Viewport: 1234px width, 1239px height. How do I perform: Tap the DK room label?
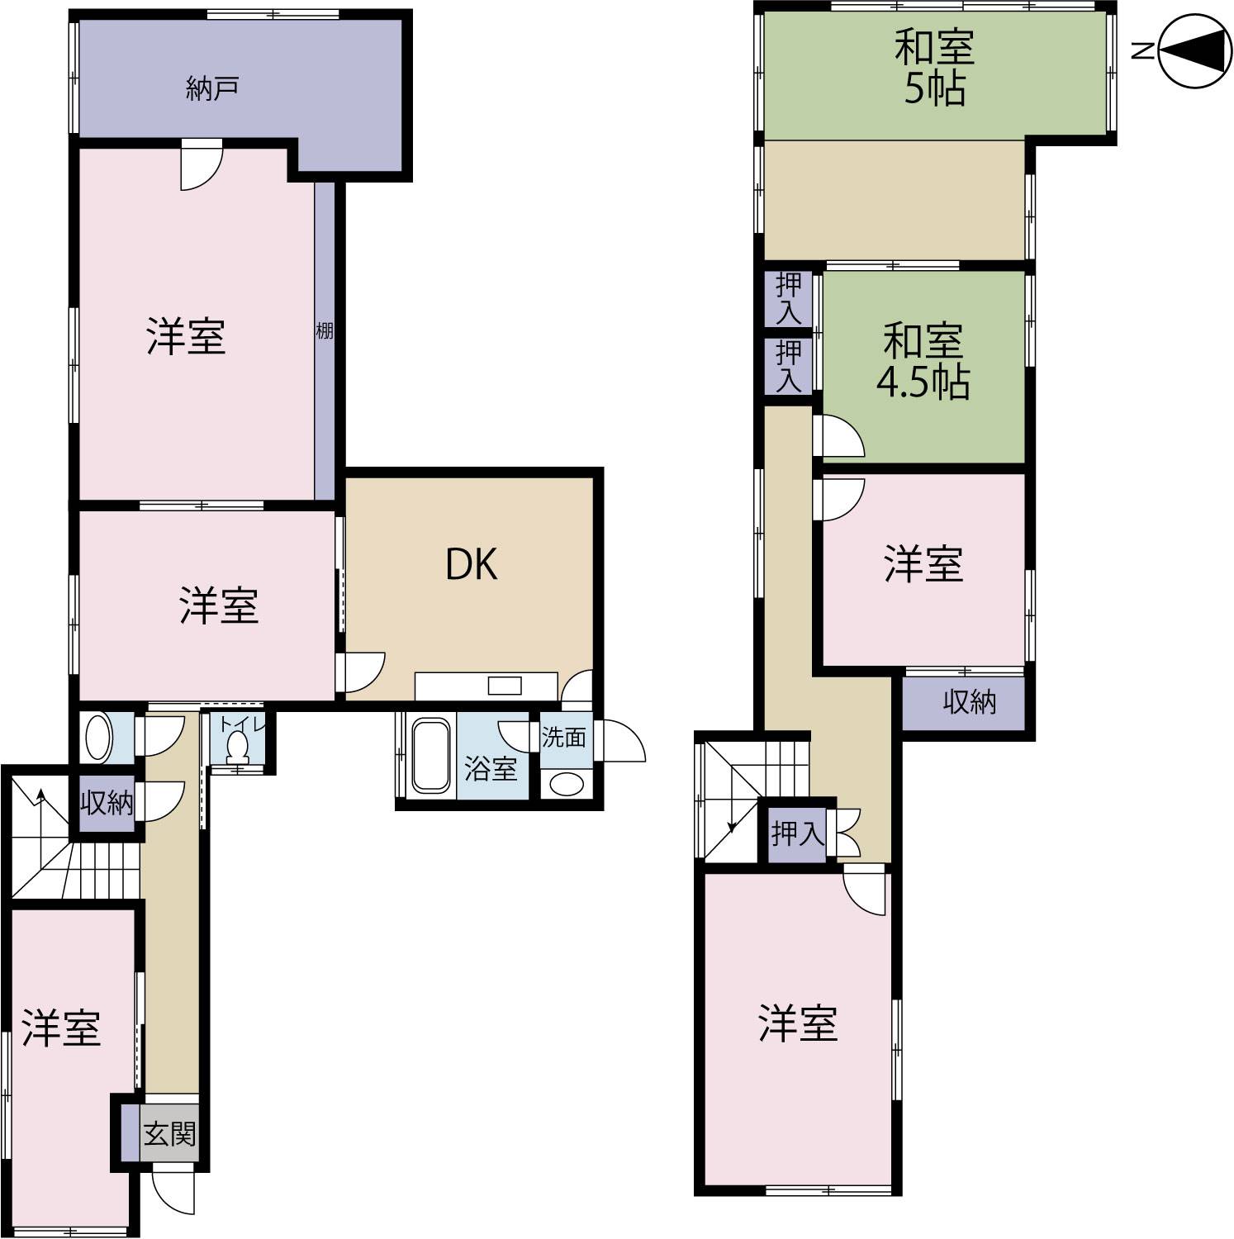tap(472, 564)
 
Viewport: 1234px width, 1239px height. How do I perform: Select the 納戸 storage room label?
tap(212, 88)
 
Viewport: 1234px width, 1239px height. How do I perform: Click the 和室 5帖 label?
tap(935, 68)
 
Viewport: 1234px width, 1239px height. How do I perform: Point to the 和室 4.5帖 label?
tap(923, 362)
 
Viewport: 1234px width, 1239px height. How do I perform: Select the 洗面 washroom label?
tap(564, 737)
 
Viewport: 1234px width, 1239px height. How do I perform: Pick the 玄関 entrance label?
tap(169, 1133)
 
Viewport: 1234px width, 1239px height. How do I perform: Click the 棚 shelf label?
tap(325, 331)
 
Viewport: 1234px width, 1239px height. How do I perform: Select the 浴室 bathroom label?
tap(491, 769)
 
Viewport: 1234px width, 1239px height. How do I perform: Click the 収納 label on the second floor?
tap(970, 703)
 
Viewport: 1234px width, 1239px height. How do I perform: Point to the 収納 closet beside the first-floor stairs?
tap(107, 802)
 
